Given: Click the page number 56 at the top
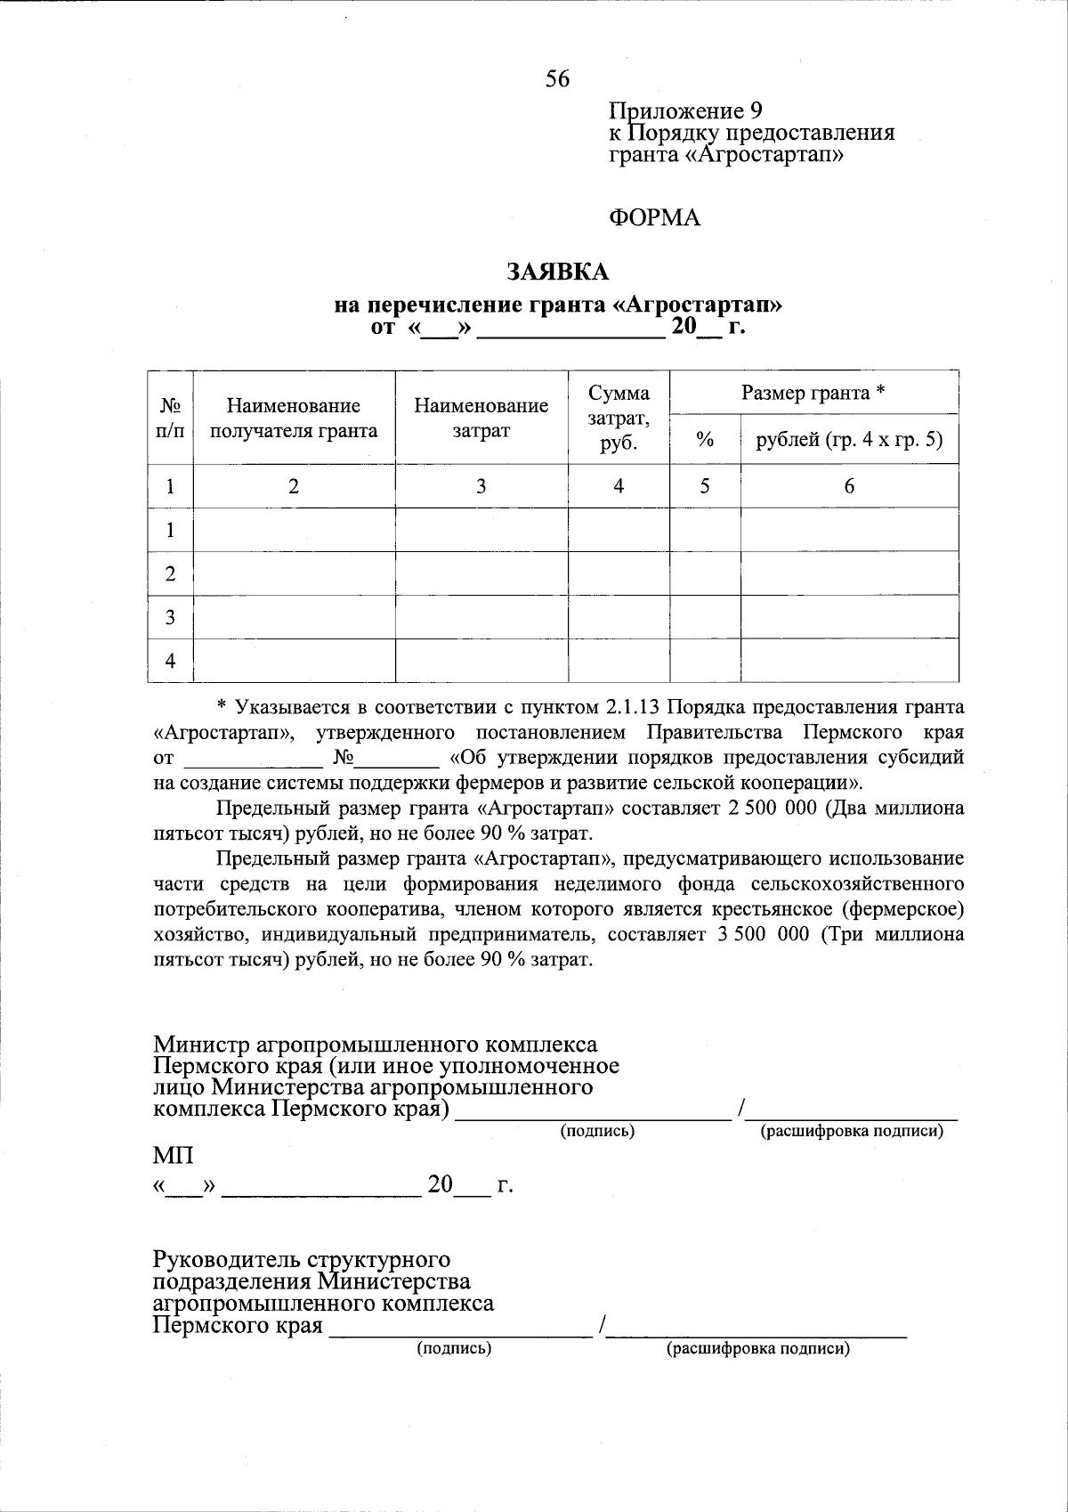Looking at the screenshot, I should click(x=558, y=79).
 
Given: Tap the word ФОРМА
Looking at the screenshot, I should click(x=654, y=218).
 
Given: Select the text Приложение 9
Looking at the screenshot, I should click(x=685, y=111).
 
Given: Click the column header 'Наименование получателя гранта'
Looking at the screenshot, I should click(x=293, y=419).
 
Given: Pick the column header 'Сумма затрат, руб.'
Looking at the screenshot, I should click(x=619, y=418).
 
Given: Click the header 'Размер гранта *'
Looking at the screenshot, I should click(x=813, y=393).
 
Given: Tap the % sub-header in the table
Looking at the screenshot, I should click(x=705, y=439).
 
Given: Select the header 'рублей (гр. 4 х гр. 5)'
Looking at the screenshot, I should click(x=849, y=439).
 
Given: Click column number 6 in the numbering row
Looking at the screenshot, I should click(x=849, y=486).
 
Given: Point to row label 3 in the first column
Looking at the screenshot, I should click(x=170, y=617).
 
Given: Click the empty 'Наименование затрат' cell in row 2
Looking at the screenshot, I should click(x=481, y=573).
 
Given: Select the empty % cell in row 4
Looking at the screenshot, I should click(x=705, y=660).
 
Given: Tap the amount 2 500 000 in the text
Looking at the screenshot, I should click(x=768, y=809).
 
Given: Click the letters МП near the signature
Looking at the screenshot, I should click(x=173, y=1157).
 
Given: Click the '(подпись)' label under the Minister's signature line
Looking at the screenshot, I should click(x=596, y=1131).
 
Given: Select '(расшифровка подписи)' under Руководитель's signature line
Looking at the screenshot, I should click(x=758, y=1348).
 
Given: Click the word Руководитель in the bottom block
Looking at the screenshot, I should click(x=226, y=1260).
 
